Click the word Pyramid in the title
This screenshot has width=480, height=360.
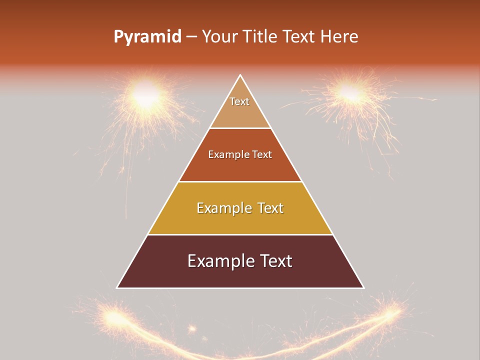click(x=147, y=37)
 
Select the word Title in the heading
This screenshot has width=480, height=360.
click(x=260, y=37)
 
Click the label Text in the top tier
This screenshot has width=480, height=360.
click(x=239, y=101)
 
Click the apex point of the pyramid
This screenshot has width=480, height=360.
click(x=240, y=75)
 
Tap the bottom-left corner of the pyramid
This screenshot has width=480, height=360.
click(x=117, y=287)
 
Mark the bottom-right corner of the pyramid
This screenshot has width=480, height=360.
click(x=363, y=287)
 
